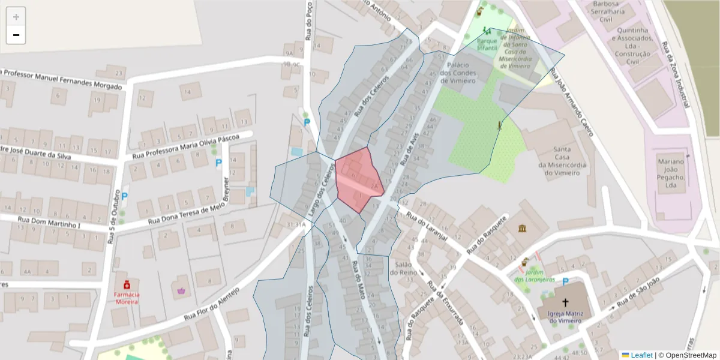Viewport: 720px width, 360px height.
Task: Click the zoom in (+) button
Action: [x=16, y=17]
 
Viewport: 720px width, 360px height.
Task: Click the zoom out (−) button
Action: [x=16, y=35]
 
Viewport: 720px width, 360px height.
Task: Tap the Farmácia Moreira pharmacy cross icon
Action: [x=127, y=284]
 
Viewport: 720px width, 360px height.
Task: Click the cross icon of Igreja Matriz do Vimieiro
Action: [x=565, y=302]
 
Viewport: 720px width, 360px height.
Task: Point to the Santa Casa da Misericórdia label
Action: [x=562, y=161]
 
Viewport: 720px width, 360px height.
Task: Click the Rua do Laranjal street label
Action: [x=427, y=226]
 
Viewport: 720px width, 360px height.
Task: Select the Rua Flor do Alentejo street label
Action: [x=211, y=304]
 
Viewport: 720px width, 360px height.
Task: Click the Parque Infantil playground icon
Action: [x=487, y=31]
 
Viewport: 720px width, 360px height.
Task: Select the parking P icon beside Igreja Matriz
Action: [x=565, y=282]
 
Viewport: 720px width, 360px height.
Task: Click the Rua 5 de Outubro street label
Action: [x=112, y=217]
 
